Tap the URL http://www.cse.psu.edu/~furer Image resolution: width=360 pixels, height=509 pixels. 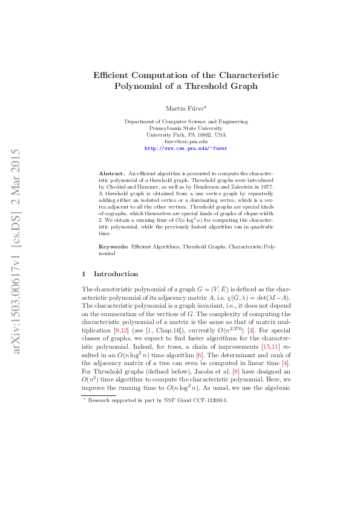point(186,148)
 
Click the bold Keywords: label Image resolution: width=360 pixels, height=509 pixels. point(113,247)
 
